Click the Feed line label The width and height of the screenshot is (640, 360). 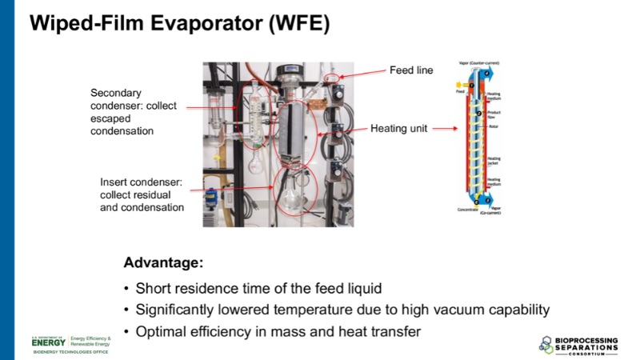pyautogui.click(x=411, y=70)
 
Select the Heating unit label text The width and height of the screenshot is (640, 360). pyautogui.click(x=401, y=128)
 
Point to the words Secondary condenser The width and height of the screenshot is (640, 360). pyautogui.click(x=130, y=94)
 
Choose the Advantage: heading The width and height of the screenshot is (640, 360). pyautogui.click(x=163, y=262)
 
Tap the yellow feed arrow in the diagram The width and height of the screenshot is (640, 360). pyautogui.click(x=458, y=85)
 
